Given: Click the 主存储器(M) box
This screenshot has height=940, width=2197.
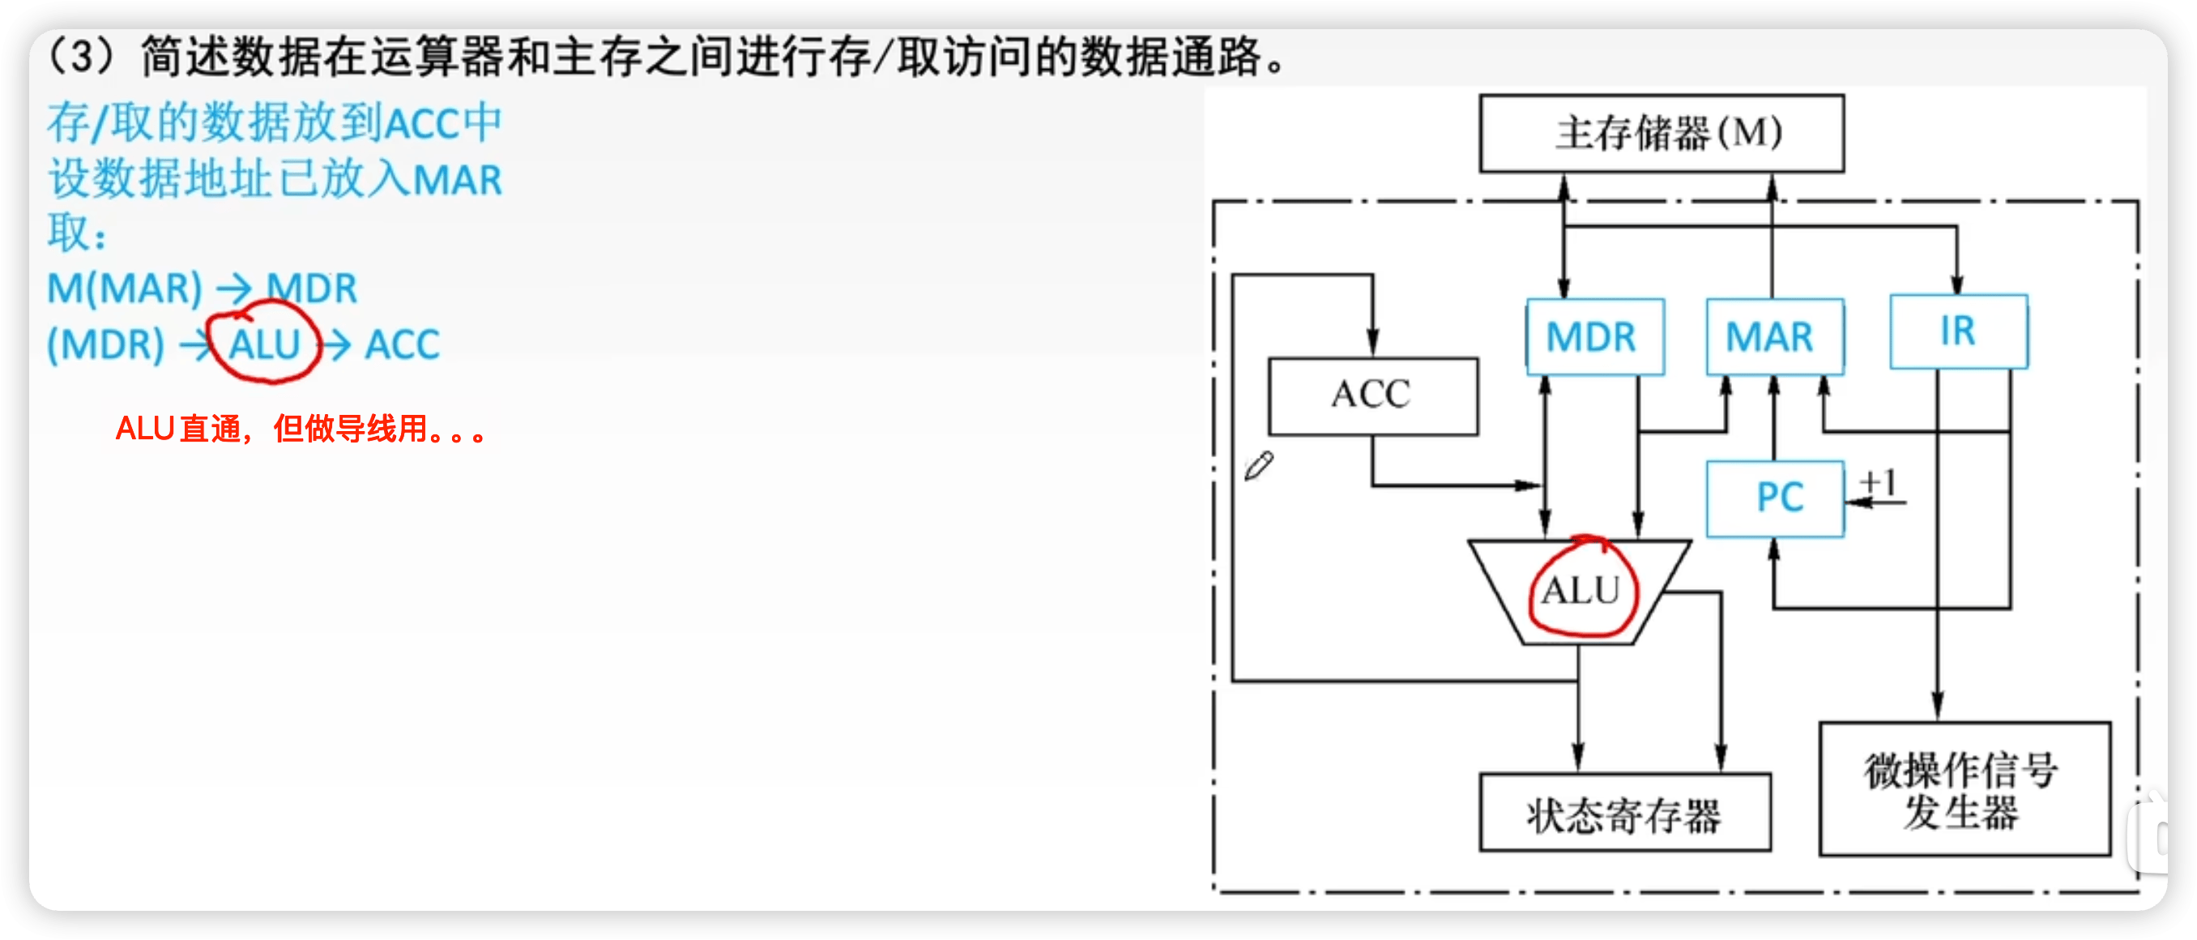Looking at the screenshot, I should [1662, 134].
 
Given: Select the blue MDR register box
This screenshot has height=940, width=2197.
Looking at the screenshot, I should [1594, 337].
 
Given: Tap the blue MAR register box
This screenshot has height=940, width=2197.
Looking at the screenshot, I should [1774, 337].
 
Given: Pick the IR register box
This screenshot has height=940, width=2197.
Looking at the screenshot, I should [1958, 331].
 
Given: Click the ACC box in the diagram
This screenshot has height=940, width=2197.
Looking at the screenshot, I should [1372, 395].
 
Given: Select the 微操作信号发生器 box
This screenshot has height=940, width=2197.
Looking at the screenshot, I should [1964, 789].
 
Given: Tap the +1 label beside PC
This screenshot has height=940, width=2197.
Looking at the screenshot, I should [1879, 483].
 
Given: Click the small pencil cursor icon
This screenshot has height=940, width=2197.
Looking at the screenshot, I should [1258, 467].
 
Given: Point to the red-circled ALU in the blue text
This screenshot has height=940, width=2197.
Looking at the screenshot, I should [264, 344].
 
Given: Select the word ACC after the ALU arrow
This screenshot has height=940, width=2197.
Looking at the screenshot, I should [402, 345].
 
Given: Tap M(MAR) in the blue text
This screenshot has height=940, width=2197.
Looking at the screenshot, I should [125, 288].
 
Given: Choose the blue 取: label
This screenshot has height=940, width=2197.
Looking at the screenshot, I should [77, 233].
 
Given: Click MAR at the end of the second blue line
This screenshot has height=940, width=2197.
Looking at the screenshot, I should [457, 181].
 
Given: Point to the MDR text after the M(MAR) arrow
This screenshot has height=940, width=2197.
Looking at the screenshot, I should [312, 288].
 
